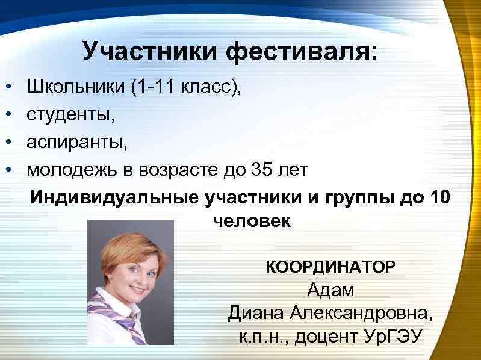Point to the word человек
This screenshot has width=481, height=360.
[252, 221]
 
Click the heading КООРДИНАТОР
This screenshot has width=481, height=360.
[330, 266]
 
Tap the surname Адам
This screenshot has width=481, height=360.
[330, 290]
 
